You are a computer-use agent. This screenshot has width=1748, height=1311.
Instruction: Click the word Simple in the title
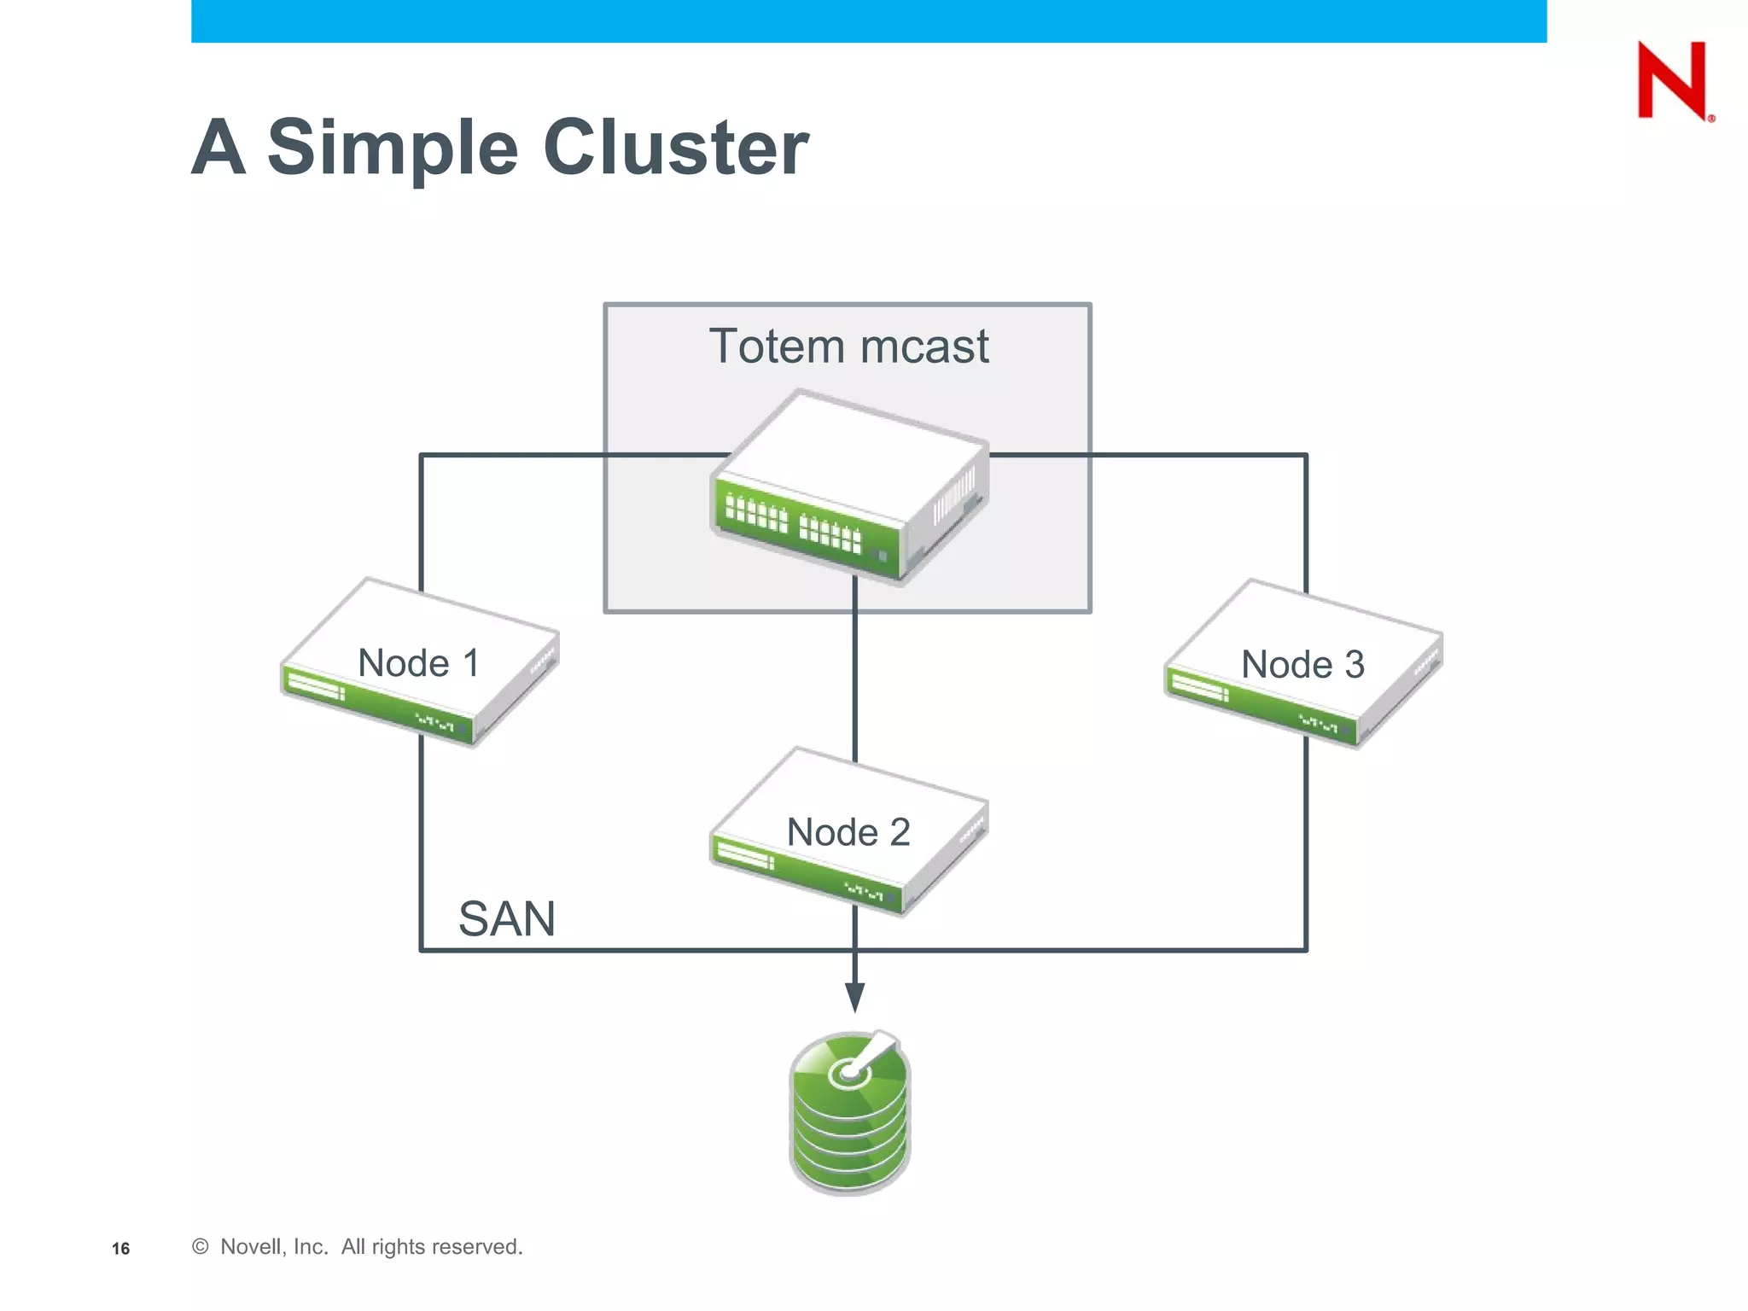click(393, 149)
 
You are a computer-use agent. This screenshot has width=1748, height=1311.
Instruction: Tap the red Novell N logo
click(1672, 80)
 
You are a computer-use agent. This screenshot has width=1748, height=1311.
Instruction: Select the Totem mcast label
click(848, 347)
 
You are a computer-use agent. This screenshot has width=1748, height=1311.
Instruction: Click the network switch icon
click(849, 487)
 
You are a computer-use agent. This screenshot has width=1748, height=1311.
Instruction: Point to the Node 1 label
click(418, 663)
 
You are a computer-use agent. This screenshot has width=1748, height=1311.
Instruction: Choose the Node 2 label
click(848, 832)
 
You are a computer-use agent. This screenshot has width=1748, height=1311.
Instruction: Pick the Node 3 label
click(1302, 665)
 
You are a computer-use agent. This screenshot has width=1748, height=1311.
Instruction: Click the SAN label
click(507, 919)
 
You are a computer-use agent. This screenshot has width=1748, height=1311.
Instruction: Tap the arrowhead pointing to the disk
click(855, 996)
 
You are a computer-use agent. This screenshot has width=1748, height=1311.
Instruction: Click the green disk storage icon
click(850, 1114)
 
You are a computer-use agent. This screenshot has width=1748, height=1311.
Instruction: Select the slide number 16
click(120, 1249)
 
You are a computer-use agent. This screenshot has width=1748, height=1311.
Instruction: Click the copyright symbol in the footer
click(201, 1247)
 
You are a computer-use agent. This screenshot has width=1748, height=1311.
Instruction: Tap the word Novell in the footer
click(250, 1247)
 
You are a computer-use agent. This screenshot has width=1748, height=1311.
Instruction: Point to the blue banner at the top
click(869, 20)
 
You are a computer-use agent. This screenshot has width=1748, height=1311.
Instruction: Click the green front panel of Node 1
click(376, 704)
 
